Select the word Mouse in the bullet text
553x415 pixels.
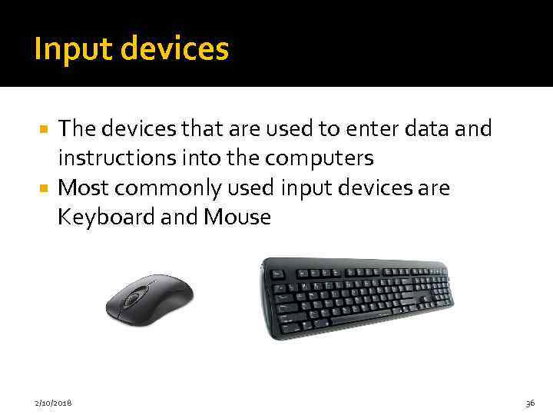coord(237,217)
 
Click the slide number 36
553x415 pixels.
coord(530,402)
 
